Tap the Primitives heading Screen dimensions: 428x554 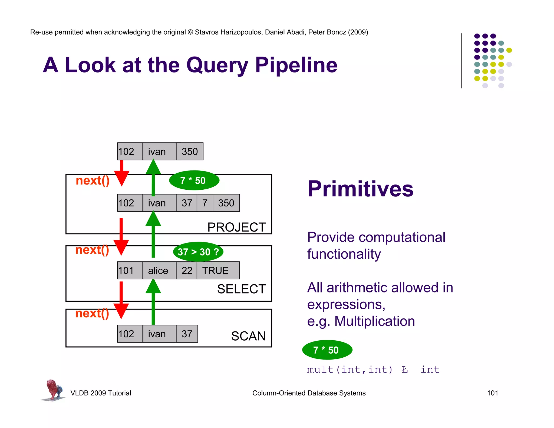(x=360, y=189)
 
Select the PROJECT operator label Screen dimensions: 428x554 (x=236, y=227)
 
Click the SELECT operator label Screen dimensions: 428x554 (x=241, y=289)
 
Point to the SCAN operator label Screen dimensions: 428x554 (x=248, y=336)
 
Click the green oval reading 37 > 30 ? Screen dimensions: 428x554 (x=198, y=252)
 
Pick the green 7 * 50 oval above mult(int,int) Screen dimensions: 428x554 (x=327, y=350)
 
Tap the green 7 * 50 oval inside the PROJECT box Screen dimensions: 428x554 (x=194, y=180)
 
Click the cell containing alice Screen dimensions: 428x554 (x=159, y=270)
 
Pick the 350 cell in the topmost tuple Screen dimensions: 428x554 (x=190, y=152)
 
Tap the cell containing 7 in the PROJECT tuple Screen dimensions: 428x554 (x=205, y=203)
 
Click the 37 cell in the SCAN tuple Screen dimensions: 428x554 (x=187, y=334)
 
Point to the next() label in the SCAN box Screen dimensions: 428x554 (x=92, y=313)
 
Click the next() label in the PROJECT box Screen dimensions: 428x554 (x=93, y=180)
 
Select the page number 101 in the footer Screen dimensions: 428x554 (x=492, y=393)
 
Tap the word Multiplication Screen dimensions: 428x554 (x=374, y=321)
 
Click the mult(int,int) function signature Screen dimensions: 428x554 (x=349, y=370)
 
